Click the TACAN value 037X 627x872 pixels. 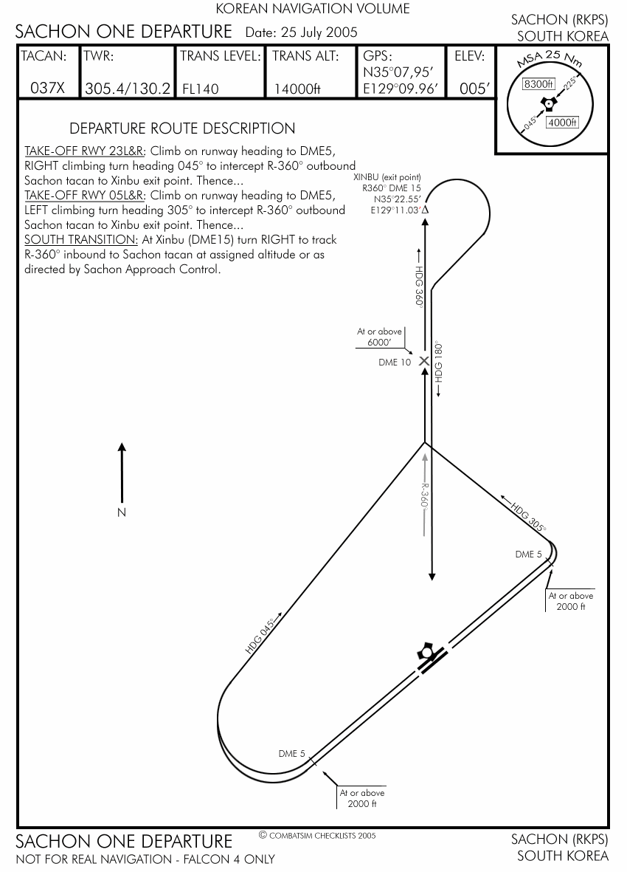click(x=48, y=89)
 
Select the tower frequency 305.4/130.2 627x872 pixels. click(x=128, y=89)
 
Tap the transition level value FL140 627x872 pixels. click(x=201, y=89)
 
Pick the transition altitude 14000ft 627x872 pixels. click(x=297, y=89)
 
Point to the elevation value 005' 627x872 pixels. click(x=474, y=89)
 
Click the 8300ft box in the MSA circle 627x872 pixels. click(x=538, y=84)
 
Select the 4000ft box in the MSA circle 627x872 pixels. click(x=562, y=123)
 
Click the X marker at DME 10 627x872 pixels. click(x=424, y=361)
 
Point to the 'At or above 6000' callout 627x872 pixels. click(x=379, y=337)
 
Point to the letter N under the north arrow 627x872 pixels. click(x=122, y=512)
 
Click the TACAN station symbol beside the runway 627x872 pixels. click(x=423, y=652)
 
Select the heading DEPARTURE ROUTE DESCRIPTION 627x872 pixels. click(x=181, y=128)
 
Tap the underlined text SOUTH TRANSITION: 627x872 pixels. click(x=81, y=240)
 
